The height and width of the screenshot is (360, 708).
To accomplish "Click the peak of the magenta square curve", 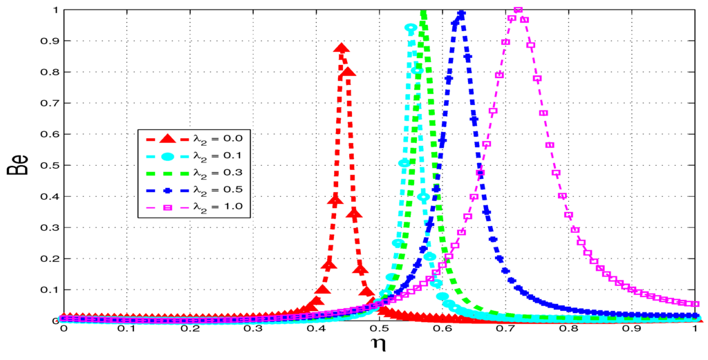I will click(x=518, y=10).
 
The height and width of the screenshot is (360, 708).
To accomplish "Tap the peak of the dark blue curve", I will click(x=461, y=14).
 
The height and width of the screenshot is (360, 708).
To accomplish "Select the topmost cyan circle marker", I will click(x=411, y=28).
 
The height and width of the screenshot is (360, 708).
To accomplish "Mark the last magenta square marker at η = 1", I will click(x=696, y=304).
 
